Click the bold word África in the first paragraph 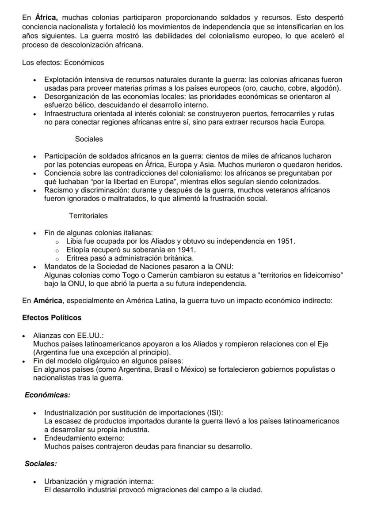click(x=46, y=18)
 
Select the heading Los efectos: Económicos click(x=63, y=62)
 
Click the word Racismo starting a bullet click(x=58, y=190)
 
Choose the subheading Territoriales click(x=88, y=216)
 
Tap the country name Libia click(x=74, y=241)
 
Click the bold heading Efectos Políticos click(x=52, y=317)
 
